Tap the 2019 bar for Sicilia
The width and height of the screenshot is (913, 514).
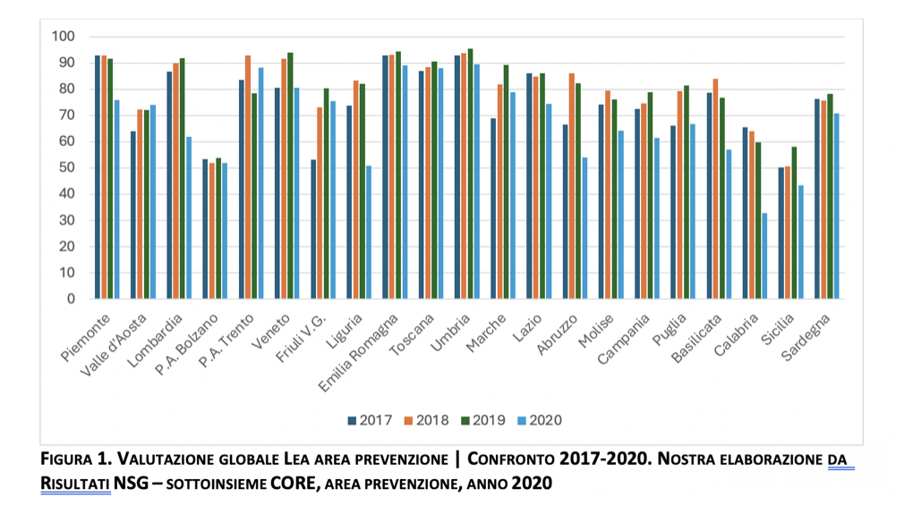(794, 223)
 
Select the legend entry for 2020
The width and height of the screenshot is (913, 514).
(541, 420)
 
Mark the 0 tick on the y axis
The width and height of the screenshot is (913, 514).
(71, 299)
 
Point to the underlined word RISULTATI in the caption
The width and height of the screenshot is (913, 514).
(75, 484)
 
